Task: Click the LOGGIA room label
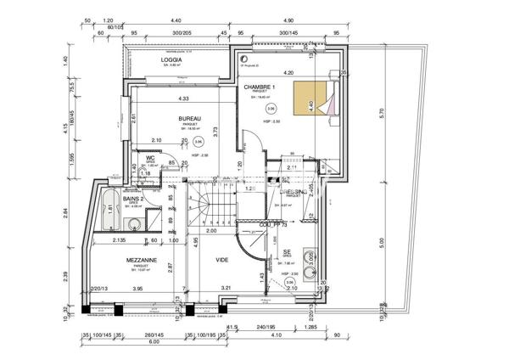tap(173, 60)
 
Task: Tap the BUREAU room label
tap(189, 118)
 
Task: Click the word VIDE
tap(222, 260)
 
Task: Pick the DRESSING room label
tap(294, 192)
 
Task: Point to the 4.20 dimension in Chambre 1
tap(288, 73)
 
